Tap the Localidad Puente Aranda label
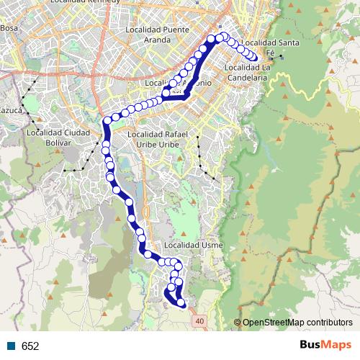click(156, 34)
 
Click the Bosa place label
click(9, 28)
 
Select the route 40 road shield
click(199, 320)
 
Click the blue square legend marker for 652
click(10, 346)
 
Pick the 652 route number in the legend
click(30, 346)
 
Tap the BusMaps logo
click(325, 345)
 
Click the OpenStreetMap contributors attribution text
click(296, 322)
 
